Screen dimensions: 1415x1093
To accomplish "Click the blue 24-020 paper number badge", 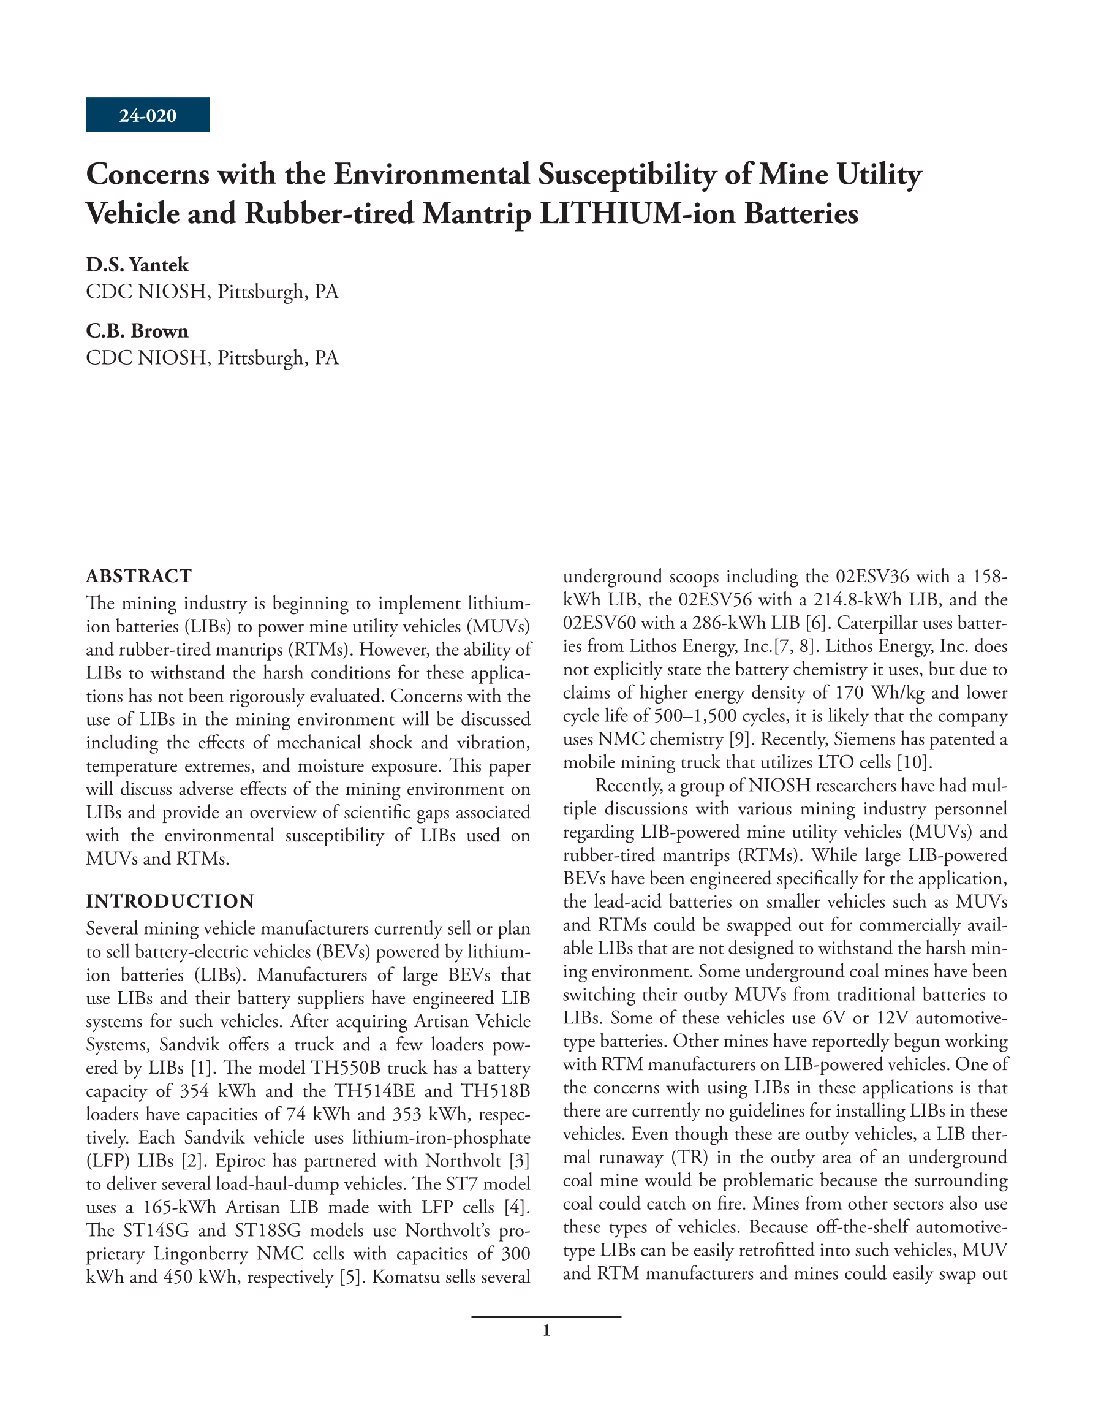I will pos(147,115).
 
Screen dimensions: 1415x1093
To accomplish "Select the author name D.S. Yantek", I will pos(137,264).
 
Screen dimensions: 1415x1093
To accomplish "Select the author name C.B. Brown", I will pos(137,331).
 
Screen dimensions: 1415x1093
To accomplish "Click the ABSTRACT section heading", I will pos(138,575).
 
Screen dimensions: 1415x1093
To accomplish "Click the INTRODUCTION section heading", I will pos(170,901).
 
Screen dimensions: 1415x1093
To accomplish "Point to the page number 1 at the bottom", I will pos(546,1331).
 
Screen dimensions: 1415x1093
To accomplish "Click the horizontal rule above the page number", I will pos(546,1316).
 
